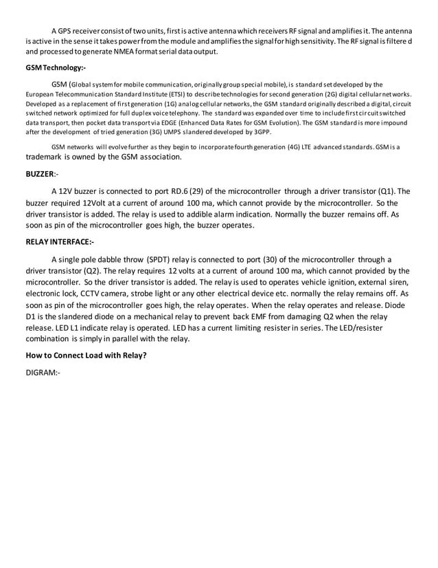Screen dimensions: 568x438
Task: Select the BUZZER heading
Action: tap(42, 175)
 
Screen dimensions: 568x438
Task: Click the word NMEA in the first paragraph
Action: tap(159, 52)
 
